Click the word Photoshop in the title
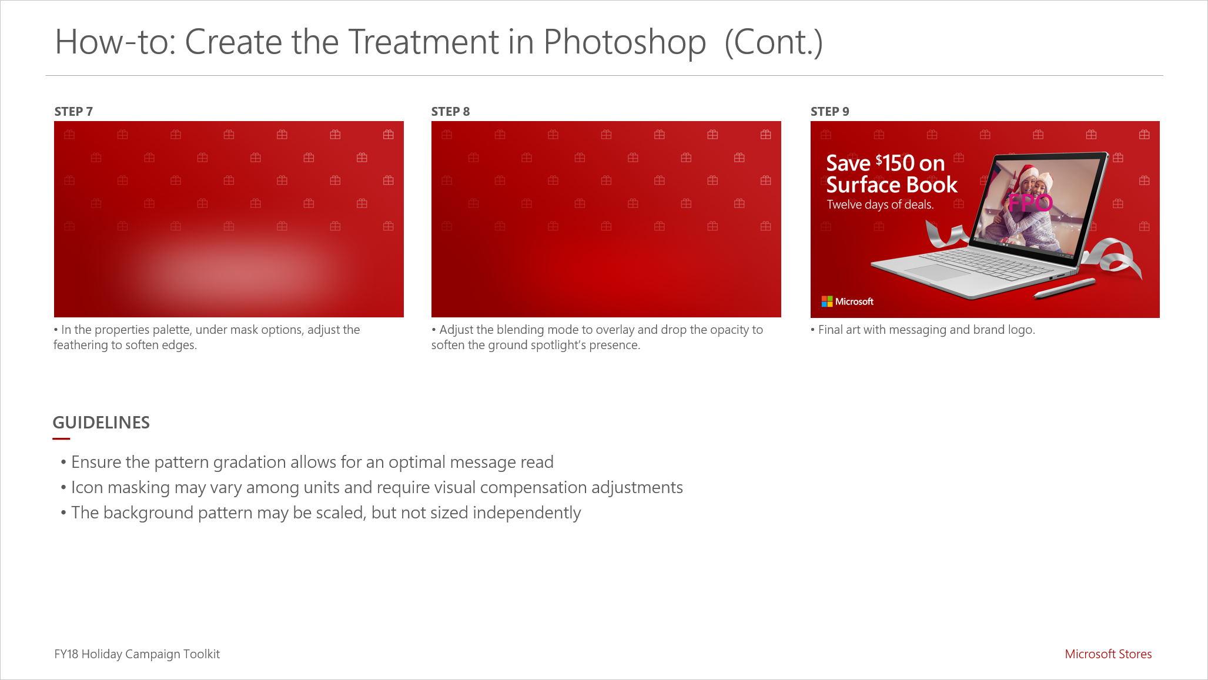point(624,42)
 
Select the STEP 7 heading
point(73,112)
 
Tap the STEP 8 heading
point(450,112)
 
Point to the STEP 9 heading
point(829,112)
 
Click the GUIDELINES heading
point(101,423)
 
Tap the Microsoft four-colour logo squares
point(827,302)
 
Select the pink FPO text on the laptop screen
point(1030,203)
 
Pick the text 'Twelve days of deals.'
point(880,205)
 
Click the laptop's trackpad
point(937,271)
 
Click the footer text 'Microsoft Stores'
point(1108,654)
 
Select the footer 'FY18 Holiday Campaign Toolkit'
point(137,654)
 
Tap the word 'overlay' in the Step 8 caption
point(615,330)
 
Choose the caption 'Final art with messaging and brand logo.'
point(926,330)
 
